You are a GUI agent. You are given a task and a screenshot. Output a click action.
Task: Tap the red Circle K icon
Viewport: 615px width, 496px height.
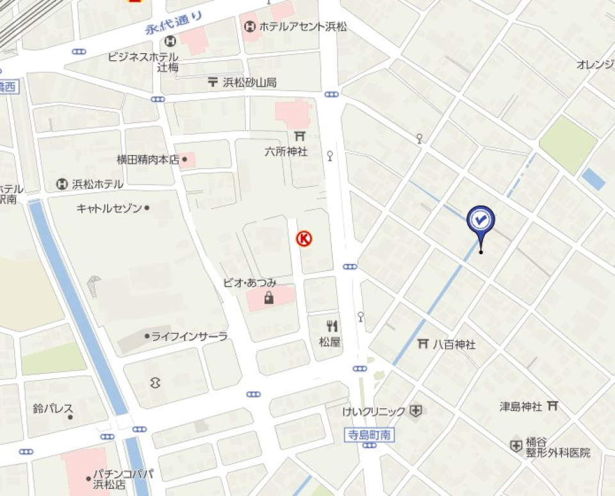pyautogui.click(x=304, y=239)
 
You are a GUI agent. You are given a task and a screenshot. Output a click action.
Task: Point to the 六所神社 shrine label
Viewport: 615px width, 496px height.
pyautogui.click(x=286, y=152)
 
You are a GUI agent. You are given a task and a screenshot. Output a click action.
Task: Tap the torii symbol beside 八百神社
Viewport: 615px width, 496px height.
pyautogui.click(x=423, y=344)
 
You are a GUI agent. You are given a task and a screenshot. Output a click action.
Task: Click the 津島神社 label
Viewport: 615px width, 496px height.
pyautogui.click(x=521, y=406)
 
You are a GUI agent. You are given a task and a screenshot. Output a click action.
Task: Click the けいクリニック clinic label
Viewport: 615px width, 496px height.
pyautogui.click(x=374, y=411)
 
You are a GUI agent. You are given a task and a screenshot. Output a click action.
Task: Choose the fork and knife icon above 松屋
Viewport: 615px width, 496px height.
pyautogui.click(x=332, y=326)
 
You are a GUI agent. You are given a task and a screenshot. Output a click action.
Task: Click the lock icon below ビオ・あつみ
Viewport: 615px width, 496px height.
pyautogui.click(x=268, y=297)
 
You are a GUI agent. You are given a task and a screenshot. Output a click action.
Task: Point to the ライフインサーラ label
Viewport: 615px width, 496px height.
pyautogui.click(x=189, y=336)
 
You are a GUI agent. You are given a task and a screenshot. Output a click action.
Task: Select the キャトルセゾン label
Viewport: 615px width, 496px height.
pyautogui.click(x=110, y=208)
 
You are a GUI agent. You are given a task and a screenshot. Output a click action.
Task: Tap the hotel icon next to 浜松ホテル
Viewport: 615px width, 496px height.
pyautogui.click(x=62, y=184)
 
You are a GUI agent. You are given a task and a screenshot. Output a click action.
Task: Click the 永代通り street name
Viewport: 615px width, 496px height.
pyautogui.click(x=174, y=24)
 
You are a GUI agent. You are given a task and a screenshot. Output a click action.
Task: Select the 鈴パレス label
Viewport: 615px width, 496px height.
pyautogui.click(x=53, y=408)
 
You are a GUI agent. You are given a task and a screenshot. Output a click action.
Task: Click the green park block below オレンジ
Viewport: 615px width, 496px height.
pyautogui.click(x=568, y=144)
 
